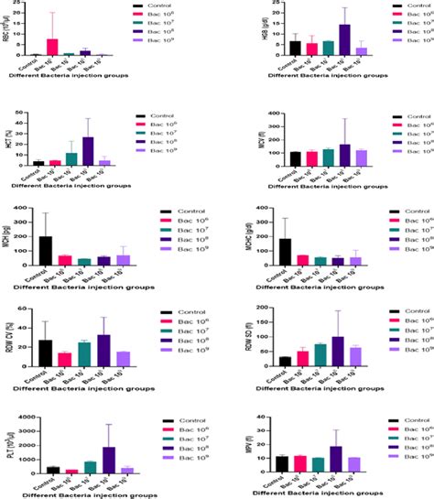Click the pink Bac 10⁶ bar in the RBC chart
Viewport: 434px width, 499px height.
point(52,48)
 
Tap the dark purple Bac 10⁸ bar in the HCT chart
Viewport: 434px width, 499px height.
point(88,150)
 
